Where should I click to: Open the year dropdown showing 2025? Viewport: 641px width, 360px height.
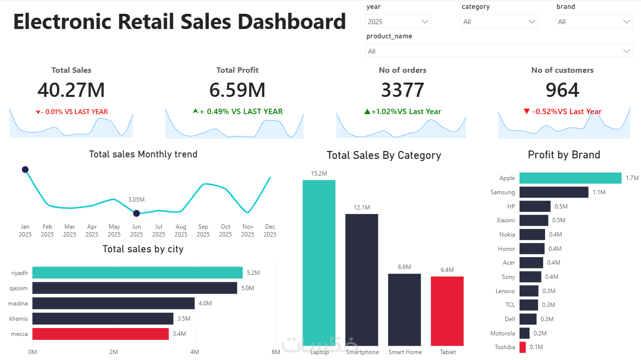coord(398,22)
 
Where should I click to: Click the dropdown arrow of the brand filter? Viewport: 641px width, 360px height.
coord(626,22)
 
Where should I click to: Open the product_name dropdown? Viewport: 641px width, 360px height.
coord(498,51)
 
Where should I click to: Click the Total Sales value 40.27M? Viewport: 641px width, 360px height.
coord(71,90)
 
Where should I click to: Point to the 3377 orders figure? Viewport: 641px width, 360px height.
coord(402,90)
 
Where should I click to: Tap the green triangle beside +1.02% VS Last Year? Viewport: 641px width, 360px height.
coord(367,111)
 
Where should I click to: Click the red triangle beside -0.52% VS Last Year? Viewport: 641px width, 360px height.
coord(526,111)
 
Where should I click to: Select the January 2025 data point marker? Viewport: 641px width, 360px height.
coord(25,170)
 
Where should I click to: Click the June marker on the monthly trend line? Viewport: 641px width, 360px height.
coord(136,213)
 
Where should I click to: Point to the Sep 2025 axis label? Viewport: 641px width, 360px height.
coord(203,230)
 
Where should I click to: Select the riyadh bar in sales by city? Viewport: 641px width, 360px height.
coord(137,273)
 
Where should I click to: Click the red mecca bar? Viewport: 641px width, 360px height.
coord(100,333)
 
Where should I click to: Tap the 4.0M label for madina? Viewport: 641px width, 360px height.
coord(205,303)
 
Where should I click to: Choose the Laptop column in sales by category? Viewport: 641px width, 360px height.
coord(319,263)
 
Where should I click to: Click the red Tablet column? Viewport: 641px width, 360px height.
coord(447,311)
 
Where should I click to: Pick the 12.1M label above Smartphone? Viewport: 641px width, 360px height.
coord(362,207)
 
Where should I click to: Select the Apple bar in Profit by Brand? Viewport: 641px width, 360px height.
coord(570,178)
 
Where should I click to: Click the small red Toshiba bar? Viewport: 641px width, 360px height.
coord(522,347)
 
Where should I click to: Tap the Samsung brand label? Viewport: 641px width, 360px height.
coord(502,192)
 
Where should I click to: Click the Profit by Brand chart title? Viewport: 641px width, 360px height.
coord(564,155)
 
